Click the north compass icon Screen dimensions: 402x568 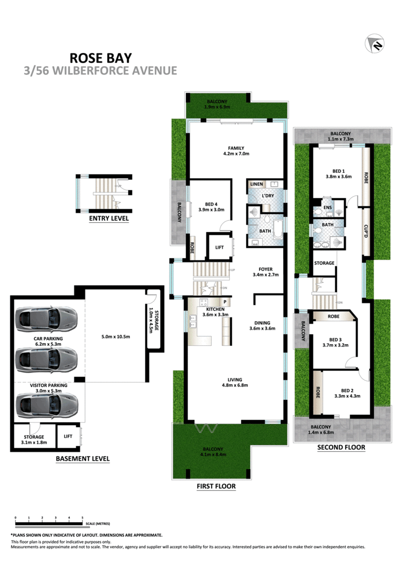374,43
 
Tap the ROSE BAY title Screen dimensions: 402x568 100,58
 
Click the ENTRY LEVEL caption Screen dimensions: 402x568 109,218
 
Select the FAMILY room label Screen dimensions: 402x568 236,148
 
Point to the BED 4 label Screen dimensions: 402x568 211,204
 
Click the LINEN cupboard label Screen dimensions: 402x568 257,184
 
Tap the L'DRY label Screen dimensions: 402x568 268,196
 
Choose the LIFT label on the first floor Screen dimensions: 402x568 220,247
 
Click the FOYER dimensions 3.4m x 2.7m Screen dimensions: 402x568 266,275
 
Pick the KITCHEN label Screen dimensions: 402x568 215,309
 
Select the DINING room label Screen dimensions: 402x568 262,323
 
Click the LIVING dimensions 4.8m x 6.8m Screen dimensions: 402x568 235,385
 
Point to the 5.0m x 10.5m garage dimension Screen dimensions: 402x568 116,336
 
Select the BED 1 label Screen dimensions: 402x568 339,171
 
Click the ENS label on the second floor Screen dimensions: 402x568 328,207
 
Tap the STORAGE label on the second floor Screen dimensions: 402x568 324,263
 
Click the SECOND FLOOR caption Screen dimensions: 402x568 341,447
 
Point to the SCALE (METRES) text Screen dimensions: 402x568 98,524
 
